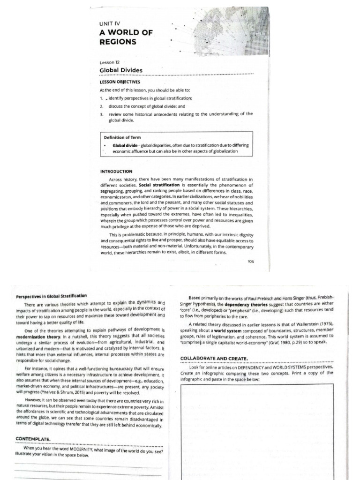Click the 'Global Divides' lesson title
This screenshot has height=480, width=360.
pos(121,70)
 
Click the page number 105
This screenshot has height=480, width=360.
pos(250,262)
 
